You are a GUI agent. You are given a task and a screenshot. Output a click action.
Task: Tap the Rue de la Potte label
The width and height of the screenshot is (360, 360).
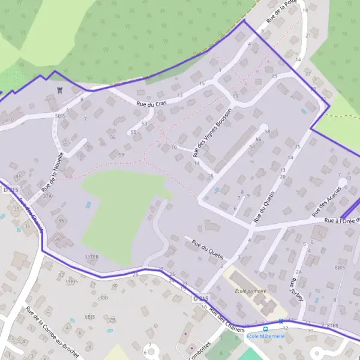[282, 12]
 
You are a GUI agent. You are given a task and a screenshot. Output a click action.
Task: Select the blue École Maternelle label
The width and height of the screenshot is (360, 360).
[266, 337]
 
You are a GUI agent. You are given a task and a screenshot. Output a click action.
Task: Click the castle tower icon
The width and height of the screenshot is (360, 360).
[59, 90]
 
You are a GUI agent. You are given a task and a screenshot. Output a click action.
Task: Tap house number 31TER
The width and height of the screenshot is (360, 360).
[91, 256]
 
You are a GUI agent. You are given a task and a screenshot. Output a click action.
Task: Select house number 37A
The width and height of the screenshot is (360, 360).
[47, 196]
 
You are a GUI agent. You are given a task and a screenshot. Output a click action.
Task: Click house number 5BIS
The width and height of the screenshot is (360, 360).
[60, 115]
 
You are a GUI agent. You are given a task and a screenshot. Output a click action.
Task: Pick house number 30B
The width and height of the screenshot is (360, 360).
[104, 297]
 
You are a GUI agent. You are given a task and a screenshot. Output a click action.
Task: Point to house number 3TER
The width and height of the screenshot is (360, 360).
[333, 325]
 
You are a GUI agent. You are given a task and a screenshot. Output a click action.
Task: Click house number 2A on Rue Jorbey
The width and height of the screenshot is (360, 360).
[298, 272]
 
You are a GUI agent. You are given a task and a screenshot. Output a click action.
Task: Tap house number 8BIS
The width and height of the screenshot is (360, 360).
[341, 267]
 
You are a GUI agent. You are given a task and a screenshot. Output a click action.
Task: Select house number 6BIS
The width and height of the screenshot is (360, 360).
[90, 316]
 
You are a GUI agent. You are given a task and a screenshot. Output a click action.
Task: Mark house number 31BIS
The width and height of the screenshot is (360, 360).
[71, 281]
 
